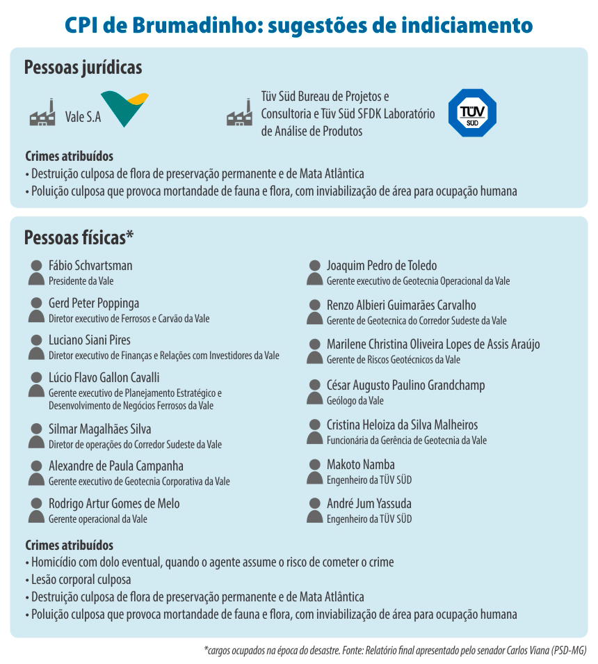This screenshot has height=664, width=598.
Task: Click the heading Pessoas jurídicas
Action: (x=83, y=68)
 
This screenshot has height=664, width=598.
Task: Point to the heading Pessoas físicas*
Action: (x=79, y=237)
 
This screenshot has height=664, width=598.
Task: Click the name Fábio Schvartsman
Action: (x=90, y=265)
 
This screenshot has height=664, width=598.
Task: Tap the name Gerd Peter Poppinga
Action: (x=94, y=303)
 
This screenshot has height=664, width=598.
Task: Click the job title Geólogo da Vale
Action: (x=355, y=401)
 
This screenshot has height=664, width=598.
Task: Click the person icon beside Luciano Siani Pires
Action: (x=36, y=347)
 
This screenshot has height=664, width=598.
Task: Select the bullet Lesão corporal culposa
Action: (x=81, y=579)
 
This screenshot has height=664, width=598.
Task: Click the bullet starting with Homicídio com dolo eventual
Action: (x=209, y=562)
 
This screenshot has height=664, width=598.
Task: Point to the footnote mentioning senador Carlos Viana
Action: (x=396, y=651)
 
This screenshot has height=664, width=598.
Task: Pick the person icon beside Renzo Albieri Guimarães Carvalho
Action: (x=315, y=311)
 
